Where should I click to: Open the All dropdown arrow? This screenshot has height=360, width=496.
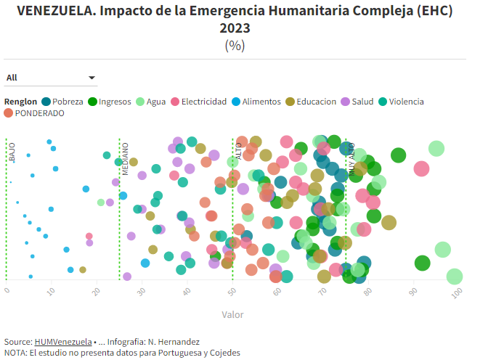tap(92, 78)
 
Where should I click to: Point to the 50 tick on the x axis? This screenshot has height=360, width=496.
tap(232, 291)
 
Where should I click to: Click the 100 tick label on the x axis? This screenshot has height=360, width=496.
tap(456, 292)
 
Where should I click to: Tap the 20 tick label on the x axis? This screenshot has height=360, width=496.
tap(97, 291)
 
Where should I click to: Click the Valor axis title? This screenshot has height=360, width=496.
tap(232, 315)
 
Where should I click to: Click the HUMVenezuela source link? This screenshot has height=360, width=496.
tap(63, 341)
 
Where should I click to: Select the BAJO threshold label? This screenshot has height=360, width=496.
tap(12, 152)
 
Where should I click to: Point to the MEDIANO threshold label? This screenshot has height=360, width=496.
tap(125, 158)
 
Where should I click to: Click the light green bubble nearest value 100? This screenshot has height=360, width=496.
tap(455, 277)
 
